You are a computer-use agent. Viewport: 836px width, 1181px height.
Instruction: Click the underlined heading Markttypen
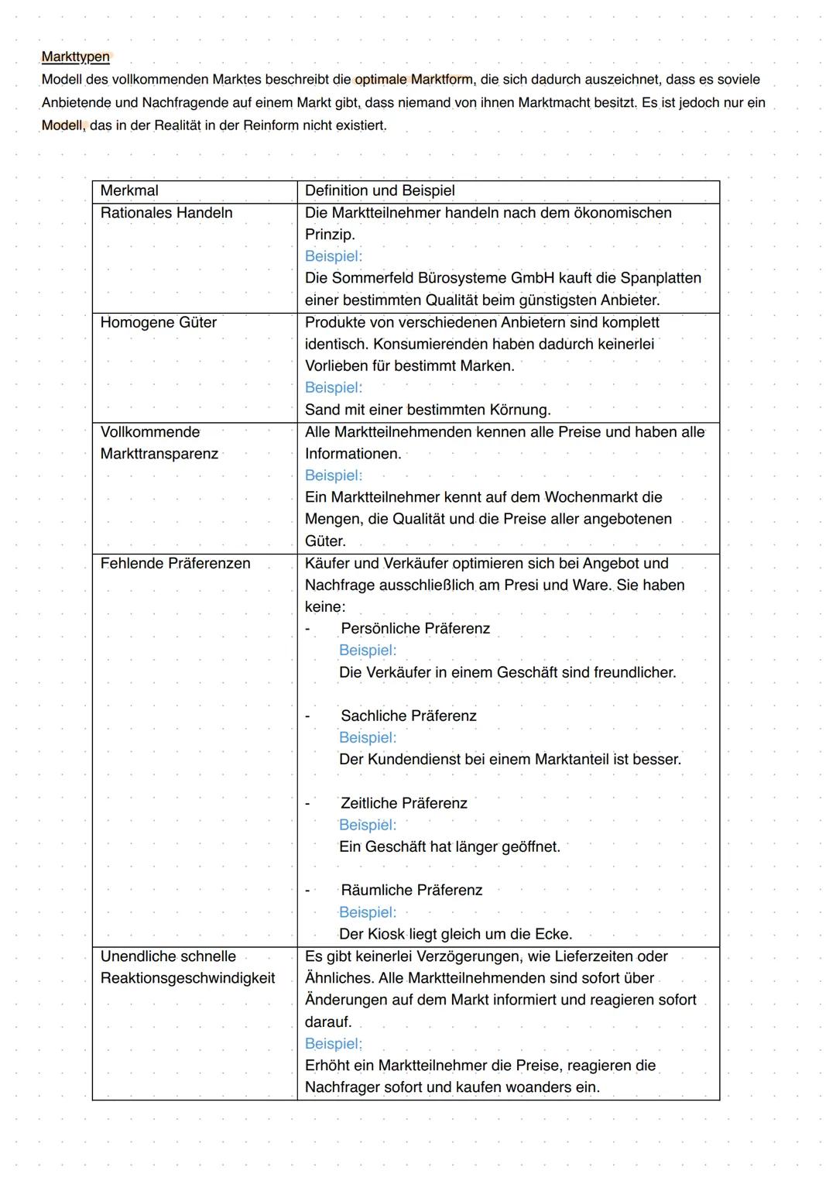75,57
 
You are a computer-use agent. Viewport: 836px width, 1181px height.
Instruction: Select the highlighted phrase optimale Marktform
413,80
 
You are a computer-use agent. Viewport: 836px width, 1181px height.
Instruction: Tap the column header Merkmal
129,191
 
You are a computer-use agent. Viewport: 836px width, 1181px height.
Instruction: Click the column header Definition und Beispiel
379,191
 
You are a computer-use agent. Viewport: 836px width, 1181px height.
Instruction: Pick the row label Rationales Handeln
166,213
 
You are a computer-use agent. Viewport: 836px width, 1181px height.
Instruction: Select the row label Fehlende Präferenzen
175,564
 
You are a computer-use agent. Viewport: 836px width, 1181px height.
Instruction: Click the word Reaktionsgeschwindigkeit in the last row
187,978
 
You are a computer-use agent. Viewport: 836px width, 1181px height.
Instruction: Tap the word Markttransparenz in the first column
159,454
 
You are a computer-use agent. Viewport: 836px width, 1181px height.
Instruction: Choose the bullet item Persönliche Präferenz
415,629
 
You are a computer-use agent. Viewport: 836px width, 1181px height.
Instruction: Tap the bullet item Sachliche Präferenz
408,716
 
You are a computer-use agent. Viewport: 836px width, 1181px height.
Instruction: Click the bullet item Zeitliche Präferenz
403,804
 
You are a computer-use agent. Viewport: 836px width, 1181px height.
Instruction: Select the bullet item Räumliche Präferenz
411,891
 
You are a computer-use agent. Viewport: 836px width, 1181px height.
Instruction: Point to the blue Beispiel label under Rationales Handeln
333,256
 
